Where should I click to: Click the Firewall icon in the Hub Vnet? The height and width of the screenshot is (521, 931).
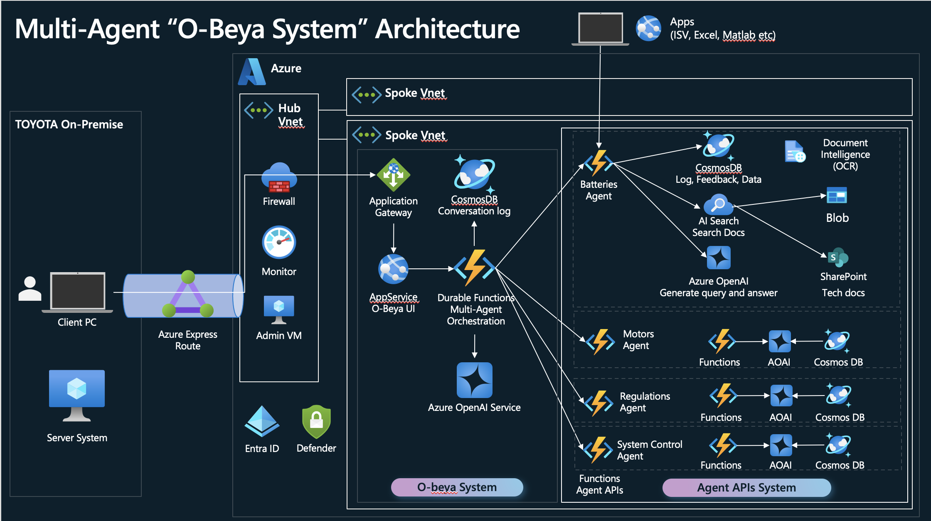pyautogui.click(x=279, y=178)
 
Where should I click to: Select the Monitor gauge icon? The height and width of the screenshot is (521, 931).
pyautogui.click(x=279, y=242)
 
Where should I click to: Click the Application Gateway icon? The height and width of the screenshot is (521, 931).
pyautogui.click(x=393, y=175)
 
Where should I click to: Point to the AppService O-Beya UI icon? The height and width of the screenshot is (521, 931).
pyautogui.click(x=393, y=269)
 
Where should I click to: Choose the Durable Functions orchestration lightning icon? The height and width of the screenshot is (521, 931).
pyautogui.click(x=475, y=268)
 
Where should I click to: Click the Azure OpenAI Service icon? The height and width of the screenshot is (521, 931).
pyautogui.click(x=474, y=380)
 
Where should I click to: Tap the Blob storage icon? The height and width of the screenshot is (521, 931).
pyautogui.click(x=837, y=196)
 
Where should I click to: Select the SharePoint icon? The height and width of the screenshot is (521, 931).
pyautogui.click(x=837, y=258)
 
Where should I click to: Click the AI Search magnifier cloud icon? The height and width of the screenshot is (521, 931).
pyautogui.click(x=718, y=204)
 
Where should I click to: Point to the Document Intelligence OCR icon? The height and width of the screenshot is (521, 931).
pyautogui.click(x=795, y=152)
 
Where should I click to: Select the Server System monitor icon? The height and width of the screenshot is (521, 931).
pyautogui.click(x=77, y=395)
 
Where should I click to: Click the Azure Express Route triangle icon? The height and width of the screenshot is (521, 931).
pyautogui.click(x=188, y=294)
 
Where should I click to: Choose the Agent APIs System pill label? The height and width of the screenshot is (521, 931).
pyautogui.click(x=746, y=487)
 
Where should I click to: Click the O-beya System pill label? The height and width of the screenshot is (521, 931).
pyautogui.click(x=457, y=487)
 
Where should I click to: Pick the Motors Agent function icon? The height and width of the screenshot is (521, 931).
pyautogui.click(x=600, y=342)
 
